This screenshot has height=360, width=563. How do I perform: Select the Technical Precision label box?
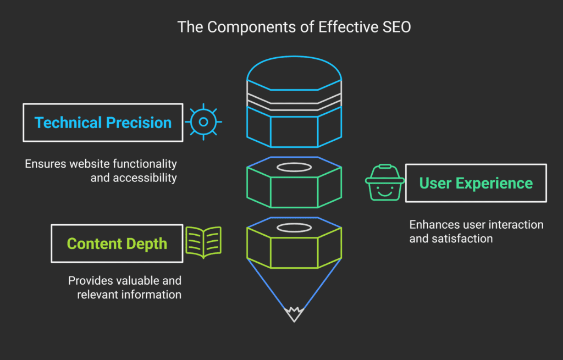coord(103,122)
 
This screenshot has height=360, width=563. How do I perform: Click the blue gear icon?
coord(203,122)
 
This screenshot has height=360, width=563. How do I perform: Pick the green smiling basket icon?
coord(385,182)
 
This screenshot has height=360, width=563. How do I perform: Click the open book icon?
coord(203,242)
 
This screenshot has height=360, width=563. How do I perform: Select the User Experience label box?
coord(476,183)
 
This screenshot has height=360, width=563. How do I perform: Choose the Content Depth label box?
coord(117,243)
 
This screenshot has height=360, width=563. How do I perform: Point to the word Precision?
coord(140,123)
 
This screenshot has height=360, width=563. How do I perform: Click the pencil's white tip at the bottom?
coord(294,315)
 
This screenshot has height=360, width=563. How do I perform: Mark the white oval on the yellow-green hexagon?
coord(294,228)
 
